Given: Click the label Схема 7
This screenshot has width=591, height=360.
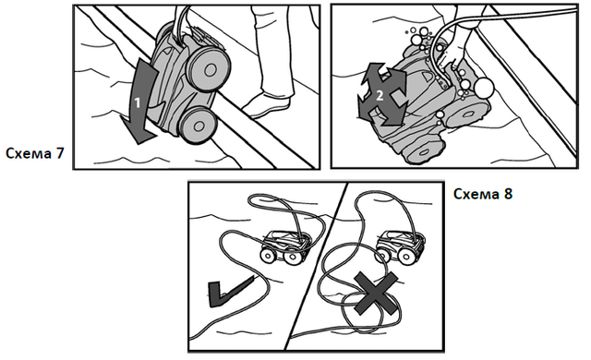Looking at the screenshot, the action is (x=35, y=153).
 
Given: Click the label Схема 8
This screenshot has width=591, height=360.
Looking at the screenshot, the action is (x=483, y=194).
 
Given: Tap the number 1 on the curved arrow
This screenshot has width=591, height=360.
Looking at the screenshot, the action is (x=138, y=102).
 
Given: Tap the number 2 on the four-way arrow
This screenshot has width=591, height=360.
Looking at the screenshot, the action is (x=380, y=95).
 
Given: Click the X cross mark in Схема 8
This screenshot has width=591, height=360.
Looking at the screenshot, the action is (x=376, y=294).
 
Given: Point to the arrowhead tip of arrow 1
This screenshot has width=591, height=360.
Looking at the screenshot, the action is (x=138, y=143).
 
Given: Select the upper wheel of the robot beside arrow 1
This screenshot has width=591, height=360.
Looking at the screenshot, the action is (x=208, y=69).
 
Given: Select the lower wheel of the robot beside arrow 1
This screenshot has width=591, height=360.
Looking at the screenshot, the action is (x=199, y=125).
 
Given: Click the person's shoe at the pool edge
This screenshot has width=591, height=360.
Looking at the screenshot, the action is (x=267, y=105).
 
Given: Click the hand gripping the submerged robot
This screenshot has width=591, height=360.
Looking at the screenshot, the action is (x=455, y=54).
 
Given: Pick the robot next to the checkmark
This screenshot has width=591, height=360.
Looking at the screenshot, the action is (x=285, y=246).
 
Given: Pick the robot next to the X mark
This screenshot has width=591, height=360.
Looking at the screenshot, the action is (x=400, y=246).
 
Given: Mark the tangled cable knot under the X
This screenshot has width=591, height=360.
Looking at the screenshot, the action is (x=371, y=306).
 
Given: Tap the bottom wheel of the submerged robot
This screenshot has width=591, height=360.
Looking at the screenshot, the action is (x=423, y=152).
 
